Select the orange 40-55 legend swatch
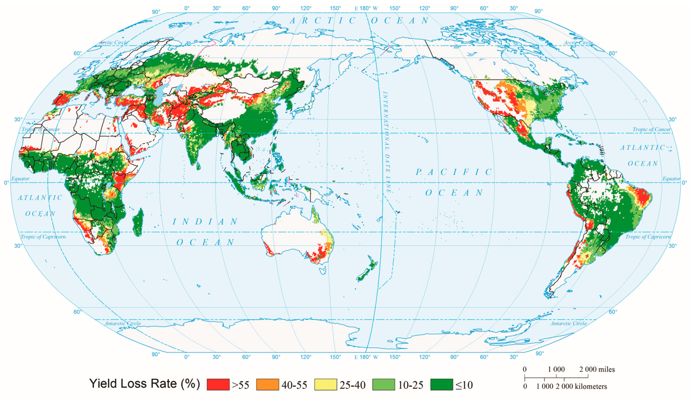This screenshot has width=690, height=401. (267, 384)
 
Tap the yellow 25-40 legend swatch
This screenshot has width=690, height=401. (326, 384)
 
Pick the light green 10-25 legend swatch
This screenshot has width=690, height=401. (384, 384)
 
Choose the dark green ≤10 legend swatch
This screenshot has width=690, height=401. (441, 384)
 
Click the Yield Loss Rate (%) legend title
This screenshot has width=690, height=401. (144, 384)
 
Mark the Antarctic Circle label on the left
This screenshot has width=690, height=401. (123, 323)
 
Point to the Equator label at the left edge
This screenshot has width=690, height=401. (20, 179)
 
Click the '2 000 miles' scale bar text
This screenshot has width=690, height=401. (597, 369)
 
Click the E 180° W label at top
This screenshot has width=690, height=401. (366, 8)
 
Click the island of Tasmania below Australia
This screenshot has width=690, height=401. (323, 271)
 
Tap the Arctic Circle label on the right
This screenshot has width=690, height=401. (578, 43)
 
